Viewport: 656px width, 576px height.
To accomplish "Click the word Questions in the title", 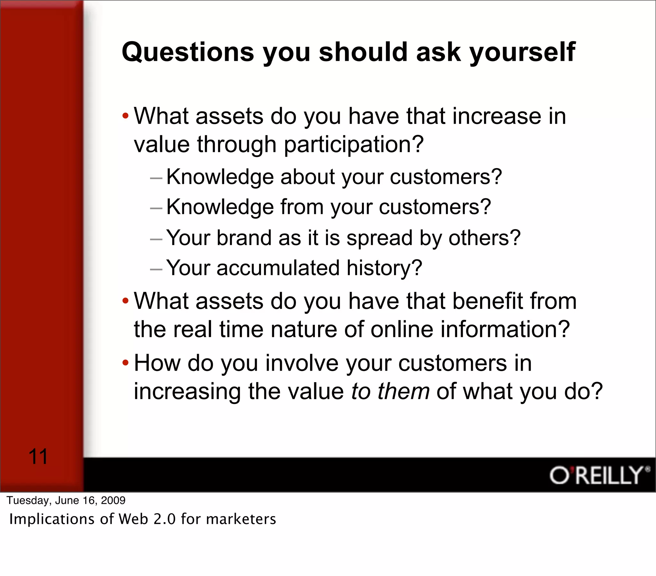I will coord(188,52).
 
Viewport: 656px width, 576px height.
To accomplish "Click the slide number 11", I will coord(38,457).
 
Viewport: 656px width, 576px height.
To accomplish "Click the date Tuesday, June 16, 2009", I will coord(66,500).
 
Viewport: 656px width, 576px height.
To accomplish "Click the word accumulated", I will coord(278,268).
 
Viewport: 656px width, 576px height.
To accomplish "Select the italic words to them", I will coord(390,391).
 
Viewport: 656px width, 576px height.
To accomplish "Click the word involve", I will coord(302,363).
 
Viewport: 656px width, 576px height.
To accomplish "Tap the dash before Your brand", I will coord(156,239).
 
